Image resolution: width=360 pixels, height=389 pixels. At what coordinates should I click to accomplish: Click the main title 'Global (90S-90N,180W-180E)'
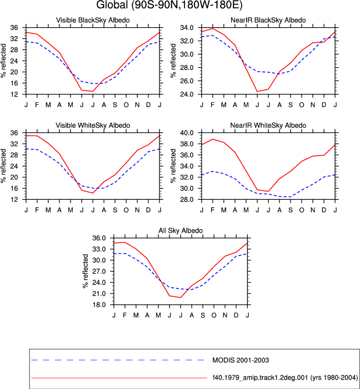click(169, 5)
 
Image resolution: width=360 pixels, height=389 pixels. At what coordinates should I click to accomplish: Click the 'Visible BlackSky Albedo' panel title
click(93, 20)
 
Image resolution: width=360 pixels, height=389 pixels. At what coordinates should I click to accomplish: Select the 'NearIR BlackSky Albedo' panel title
click(268, 20)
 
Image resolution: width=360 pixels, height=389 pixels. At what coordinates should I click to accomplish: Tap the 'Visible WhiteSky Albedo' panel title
click(93, 125)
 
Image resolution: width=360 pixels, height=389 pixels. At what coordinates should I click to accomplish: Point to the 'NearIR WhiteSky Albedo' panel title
click(268, 125)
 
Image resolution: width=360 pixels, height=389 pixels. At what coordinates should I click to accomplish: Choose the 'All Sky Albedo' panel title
click(181, 230)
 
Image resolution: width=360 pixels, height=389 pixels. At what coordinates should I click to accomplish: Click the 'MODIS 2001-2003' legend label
click(241, 360)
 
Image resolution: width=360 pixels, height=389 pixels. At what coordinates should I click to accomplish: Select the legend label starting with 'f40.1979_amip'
click(285, 378)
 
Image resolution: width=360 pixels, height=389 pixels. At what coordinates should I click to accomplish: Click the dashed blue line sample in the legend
click(118, 360)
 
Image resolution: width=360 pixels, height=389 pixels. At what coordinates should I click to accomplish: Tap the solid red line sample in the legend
click(119, 378)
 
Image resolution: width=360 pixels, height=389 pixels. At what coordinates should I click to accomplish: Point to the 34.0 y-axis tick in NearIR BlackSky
click(187, 28)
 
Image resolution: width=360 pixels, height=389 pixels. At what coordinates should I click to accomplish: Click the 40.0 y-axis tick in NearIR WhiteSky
click(187, 133)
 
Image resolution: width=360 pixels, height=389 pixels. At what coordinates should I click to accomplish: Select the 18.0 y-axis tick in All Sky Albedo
click(99, 305)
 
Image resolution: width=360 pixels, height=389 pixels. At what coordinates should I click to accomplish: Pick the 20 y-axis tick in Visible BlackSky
click(14, 72)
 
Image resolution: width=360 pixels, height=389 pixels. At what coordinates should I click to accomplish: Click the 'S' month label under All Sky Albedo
click(203, 315)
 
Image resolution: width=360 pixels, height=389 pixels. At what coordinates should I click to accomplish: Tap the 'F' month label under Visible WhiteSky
click(37, 210)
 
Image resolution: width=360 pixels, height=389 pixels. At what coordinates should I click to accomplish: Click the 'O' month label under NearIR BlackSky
click(302, 105)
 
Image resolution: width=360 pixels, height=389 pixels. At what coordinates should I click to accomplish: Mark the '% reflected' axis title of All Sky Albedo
click(86, 271)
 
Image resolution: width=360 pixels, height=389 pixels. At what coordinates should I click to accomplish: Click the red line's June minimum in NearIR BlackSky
click(257, 92)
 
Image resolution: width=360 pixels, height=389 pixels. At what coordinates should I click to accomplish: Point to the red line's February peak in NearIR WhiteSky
click(212, 139)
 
